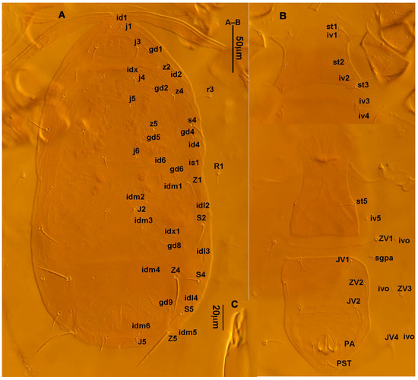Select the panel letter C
pos(235,305)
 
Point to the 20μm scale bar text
pos(216,314)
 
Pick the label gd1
pos(156,50)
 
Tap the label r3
pos(210,90)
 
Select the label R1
pos(219,166)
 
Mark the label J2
pos(141,209)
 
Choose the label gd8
pos(174,245)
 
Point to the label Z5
pos(173,340)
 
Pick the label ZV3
pos(404,289)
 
